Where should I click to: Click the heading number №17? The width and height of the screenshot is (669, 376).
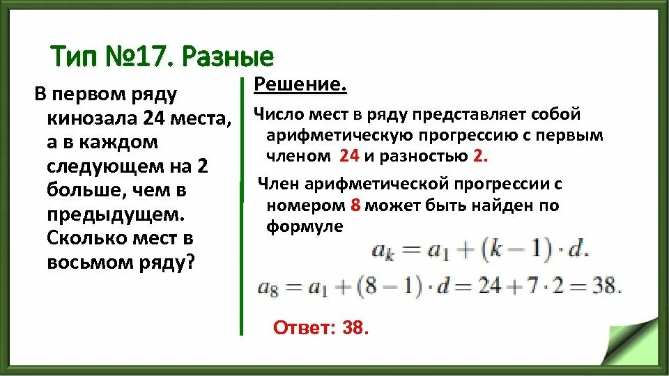pos(135,56)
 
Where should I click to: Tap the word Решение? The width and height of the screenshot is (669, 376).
pos(300,85)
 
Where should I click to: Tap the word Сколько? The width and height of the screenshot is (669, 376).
pos(88,238)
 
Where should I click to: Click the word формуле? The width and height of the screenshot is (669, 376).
pos(305,226)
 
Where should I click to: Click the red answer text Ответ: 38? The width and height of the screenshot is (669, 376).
pos(320,327)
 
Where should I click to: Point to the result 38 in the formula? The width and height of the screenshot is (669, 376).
pos(606,287)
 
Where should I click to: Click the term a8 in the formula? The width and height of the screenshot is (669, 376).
pos(268,288)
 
